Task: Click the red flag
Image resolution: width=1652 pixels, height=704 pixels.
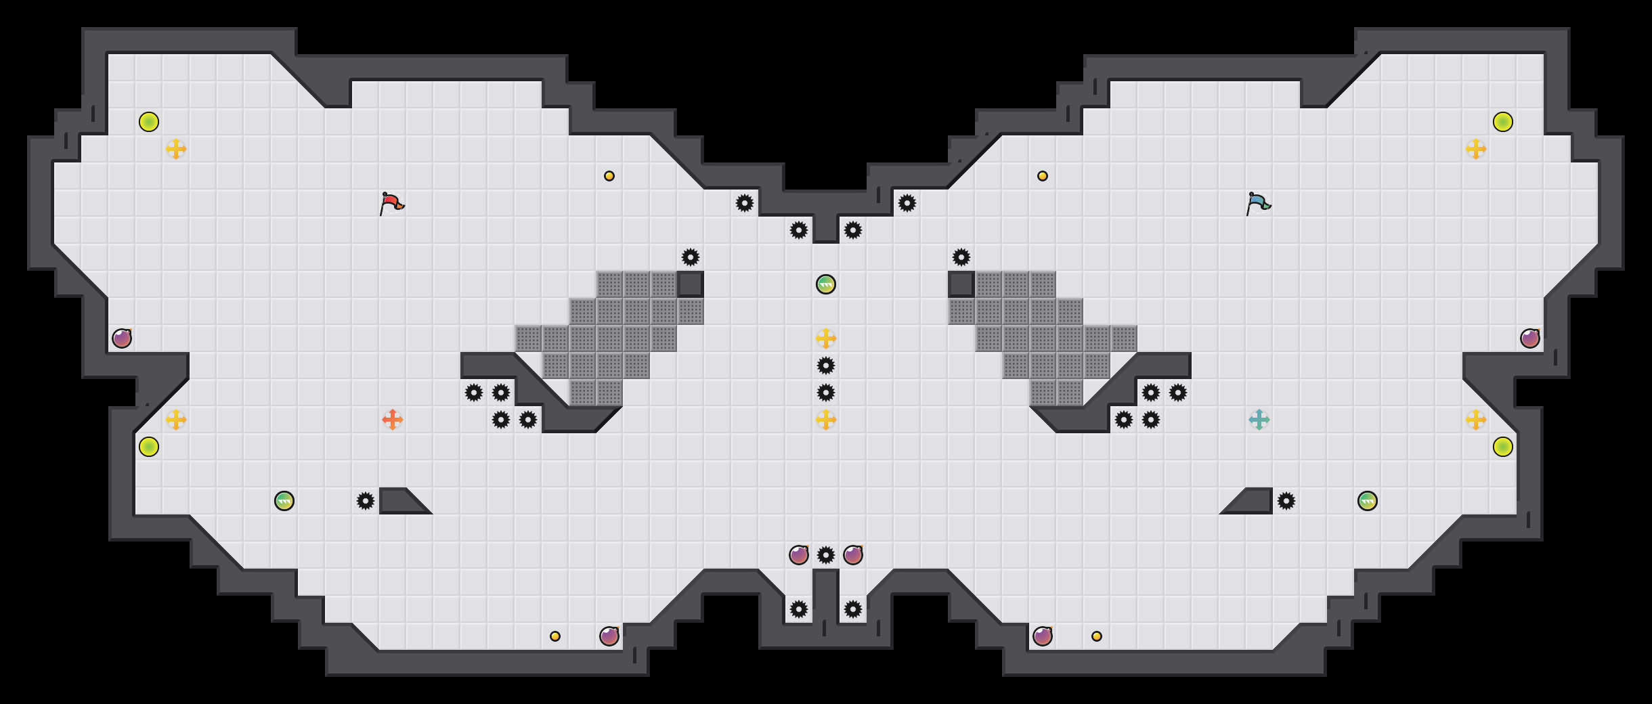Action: coord(391,203)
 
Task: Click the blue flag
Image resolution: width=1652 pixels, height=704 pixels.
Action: coord(1258,203)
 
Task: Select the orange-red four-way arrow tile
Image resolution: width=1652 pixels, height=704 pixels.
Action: coord(393,420)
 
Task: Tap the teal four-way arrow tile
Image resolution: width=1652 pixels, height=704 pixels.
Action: coord(1259,420)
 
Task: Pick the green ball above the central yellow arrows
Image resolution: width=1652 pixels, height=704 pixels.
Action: coord(826,284)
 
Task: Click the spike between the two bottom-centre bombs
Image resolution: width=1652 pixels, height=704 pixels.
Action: coord(826,555)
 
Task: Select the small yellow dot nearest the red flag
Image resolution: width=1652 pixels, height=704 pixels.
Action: coord(609,176)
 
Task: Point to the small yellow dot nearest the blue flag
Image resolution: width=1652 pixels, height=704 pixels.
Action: coord(1043,176)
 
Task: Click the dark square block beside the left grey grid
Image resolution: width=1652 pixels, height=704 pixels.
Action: coord(691,284)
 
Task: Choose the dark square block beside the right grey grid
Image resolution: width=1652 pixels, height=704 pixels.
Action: coord(961,284)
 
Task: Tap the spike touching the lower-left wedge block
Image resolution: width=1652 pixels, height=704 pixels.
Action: coord(366,501)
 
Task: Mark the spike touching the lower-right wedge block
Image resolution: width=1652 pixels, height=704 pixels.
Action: coord(1286,501)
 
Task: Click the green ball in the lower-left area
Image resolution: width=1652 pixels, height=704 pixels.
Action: coord(284,501)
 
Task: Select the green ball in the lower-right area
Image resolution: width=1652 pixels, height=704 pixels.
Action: coord(1368,501)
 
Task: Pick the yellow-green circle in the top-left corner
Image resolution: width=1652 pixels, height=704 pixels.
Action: coord(149,122)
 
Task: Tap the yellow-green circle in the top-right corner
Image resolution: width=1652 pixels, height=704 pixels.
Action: coord(1503,122)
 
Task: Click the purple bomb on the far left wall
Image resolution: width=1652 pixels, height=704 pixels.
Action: coord(122,338)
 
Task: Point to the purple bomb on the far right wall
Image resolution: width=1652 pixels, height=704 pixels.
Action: coord(1530,338)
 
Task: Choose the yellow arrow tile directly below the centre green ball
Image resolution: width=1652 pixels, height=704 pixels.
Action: coord(826,338)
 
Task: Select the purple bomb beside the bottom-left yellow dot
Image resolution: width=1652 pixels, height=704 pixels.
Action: coord(609,636)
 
